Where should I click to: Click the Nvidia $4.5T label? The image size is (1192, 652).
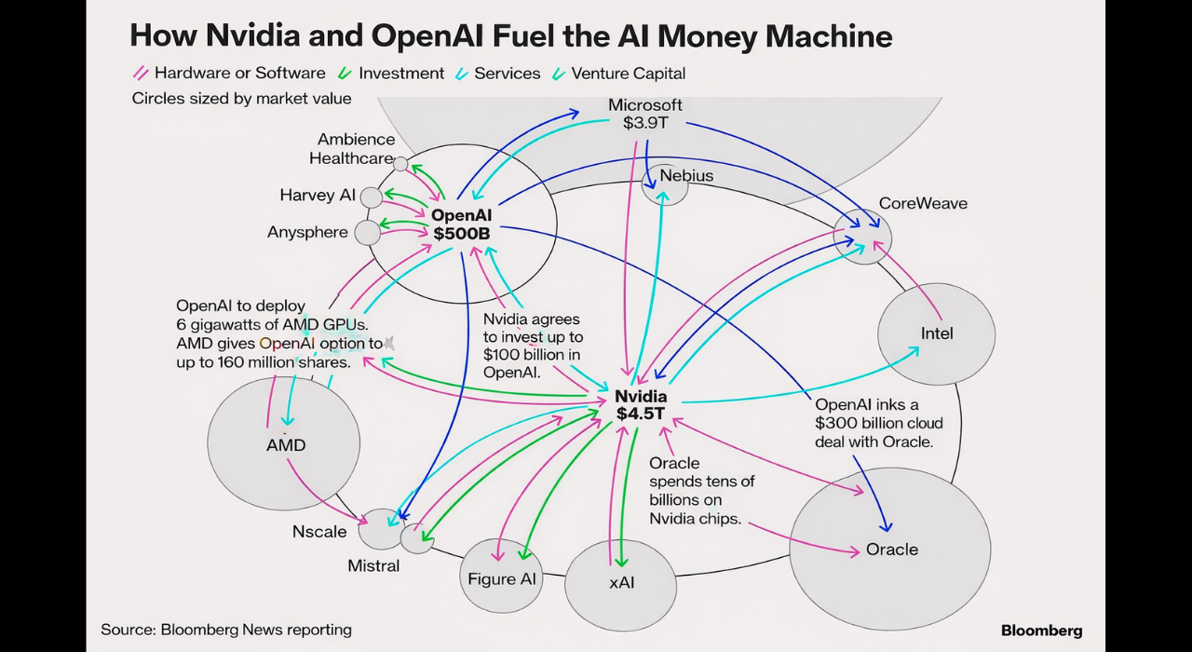tap(641, 404)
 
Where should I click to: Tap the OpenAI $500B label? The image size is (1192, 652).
tap(461, 224)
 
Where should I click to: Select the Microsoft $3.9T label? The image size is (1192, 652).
tap(644, 114)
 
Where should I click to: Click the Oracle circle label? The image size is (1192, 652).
tap(891, 550)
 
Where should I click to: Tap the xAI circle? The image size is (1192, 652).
tap(621, 584)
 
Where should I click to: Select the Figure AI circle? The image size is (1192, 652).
tap(502, 578)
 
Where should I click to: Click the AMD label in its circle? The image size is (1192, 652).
tap(286, 445)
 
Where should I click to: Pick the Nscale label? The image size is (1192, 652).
tap(319, 532)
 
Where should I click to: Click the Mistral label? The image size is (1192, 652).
tap(373, 565)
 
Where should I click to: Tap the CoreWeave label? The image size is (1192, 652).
tap(923, 203)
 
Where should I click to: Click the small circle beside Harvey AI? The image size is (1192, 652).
tap(371, 197)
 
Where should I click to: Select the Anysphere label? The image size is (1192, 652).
tap(307, 232)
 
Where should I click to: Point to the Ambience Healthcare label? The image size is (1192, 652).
tap(352, 149)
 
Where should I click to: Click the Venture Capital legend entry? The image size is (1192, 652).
tap(628, 73)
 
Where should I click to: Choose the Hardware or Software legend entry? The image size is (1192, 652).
tap(239, 73)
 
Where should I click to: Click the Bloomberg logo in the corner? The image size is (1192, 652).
tap(1041, 631)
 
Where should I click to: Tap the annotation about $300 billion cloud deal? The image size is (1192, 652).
tap(873, 423)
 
